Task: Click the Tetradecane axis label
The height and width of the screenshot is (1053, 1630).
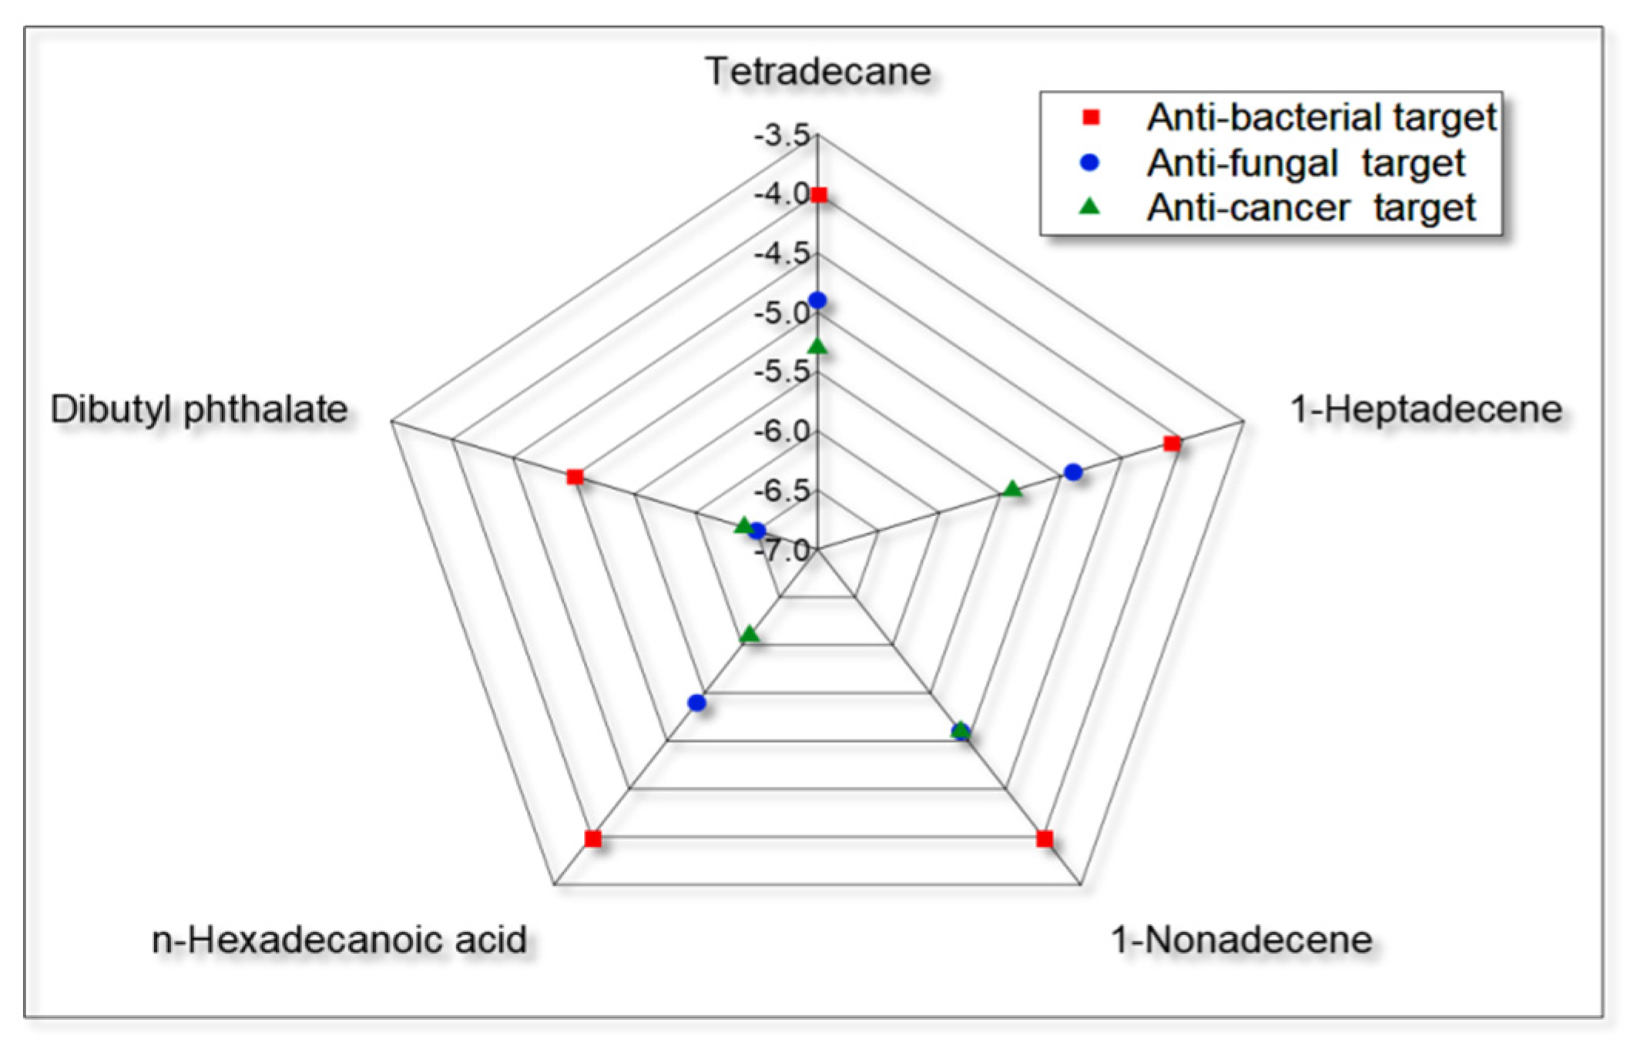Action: [817, 72]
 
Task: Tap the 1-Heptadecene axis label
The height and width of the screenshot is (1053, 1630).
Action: [1426, 409]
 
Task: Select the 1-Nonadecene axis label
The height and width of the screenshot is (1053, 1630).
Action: [1241, 940]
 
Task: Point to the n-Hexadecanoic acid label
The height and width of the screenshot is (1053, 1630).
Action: [339, 940]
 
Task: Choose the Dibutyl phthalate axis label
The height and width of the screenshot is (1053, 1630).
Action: [199, 409]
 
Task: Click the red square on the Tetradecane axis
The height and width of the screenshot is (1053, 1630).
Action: [819, 195]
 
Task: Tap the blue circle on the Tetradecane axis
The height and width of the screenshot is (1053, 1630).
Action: [818, 300]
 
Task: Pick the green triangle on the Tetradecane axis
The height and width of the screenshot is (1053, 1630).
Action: [818, 347]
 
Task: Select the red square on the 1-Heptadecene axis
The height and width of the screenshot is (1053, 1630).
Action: [1172, 443]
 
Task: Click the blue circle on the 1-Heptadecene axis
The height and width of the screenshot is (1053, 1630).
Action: [1073, 472]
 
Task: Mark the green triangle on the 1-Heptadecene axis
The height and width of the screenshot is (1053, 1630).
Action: [1013, 489]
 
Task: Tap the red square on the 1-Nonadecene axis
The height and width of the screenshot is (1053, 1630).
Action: [1045, 839]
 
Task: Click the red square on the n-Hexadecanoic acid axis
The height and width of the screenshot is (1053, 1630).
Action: [592, 839]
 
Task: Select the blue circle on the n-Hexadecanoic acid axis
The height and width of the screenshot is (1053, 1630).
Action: [697, 703]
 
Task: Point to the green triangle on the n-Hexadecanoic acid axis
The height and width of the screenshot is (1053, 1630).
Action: [749, 635]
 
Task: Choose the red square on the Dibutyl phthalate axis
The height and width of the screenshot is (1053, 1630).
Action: [575, 477]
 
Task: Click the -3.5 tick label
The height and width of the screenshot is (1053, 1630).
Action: [782, 135]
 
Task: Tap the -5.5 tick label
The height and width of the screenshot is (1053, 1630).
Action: [782, 372]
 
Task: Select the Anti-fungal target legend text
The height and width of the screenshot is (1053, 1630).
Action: [1306, 163]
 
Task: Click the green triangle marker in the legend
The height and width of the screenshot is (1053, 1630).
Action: [1090, 206]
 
